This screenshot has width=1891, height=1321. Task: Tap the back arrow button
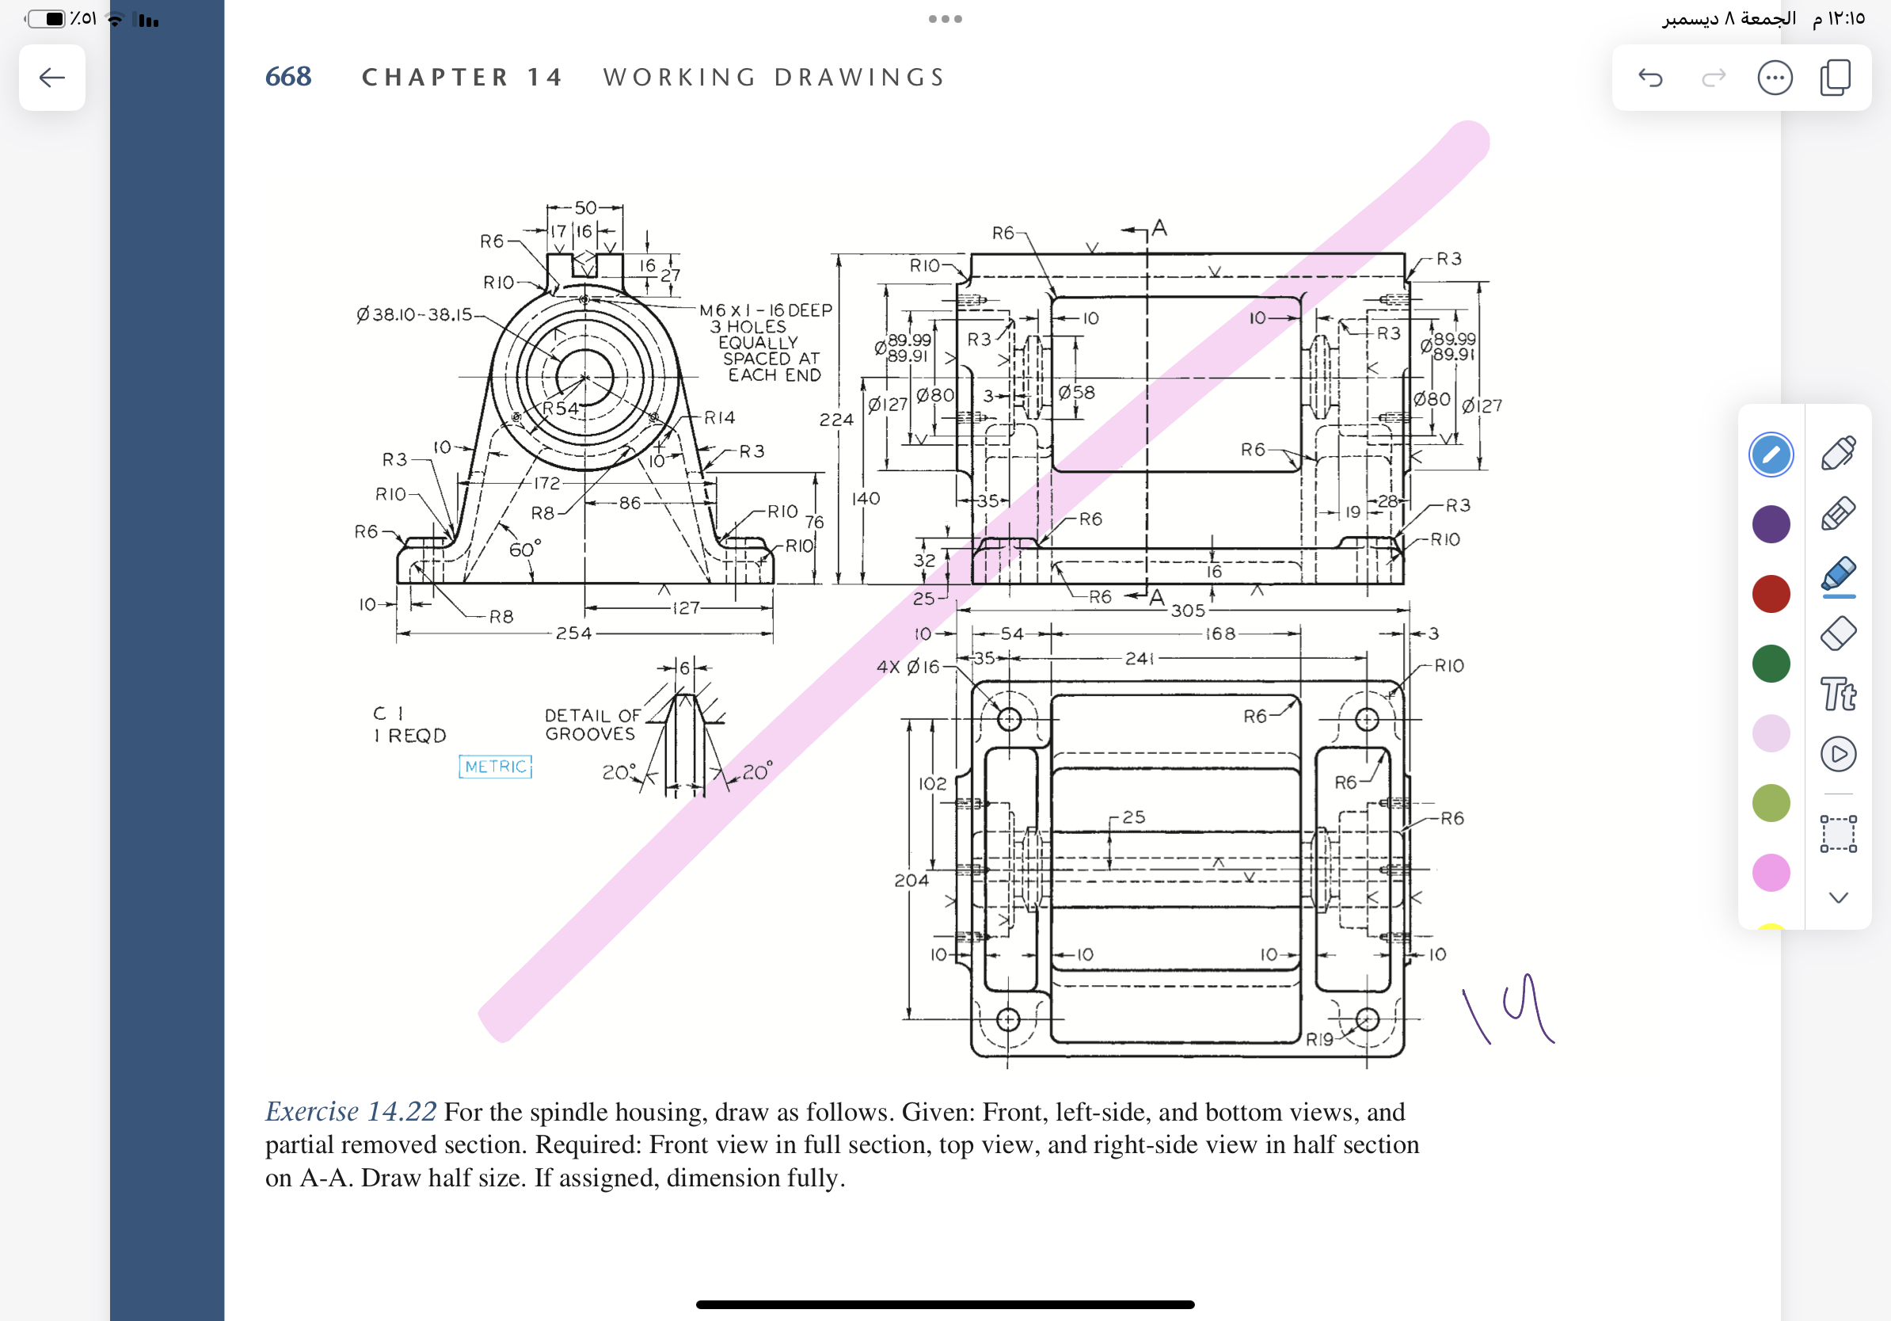[52, 78]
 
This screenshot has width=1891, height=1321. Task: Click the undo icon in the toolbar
[1649, 78]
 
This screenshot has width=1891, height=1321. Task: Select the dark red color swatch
[1771, 594]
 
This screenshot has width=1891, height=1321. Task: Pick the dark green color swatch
[1771, 664]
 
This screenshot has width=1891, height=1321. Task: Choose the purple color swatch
[1771, 523]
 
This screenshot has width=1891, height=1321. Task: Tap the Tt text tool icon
[1837, 695]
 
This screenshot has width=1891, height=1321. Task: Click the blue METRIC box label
[495, 767]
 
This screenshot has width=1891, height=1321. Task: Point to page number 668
[288, 77]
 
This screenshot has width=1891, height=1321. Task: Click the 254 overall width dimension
[573, 634]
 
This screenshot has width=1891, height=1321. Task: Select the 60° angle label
[525, 550]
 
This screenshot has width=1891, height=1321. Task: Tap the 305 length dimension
[1188, 611]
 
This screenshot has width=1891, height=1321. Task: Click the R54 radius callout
[560, 409]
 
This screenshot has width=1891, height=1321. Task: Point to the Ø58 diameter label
[1076, 393]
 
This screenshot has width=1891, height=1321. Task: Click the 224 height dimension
[836, 419]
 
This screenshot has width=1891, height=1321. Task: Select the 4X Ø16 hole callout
[907, 666]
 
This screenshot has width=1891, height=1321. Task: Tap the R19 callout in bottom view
[1319, 1039]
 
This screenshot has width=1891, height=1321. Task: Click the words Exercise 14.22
[350, 1112]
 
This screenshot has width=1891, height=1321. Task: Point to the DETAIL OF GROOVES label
[592, 725]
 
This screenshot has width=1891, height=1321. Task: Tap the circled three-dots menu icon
[1774, 78]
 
